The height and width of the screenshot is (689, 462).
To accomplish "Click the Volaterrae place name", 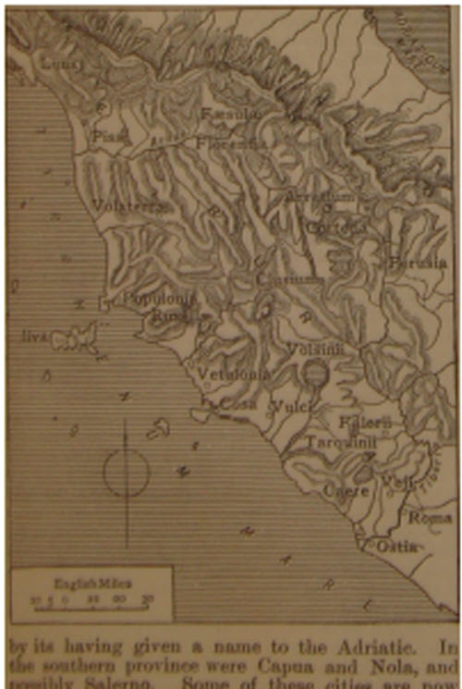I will click(132, 206).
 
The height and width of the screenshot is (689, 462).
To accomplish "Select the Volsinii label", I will click(314, 350).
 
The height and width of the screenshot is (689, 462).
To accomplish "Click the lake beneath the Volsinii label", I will click(316, 374).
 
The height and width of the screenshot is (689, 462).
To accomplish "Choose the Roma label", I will click(430, 517).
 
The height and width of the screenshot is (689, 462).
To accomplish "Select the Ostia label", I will click(398, 546).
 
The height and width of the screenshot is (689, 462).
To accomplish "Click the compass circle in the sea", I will click(127, 472).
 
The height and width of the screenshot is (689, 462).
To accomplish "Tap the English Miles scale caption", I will click(79, 584).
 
